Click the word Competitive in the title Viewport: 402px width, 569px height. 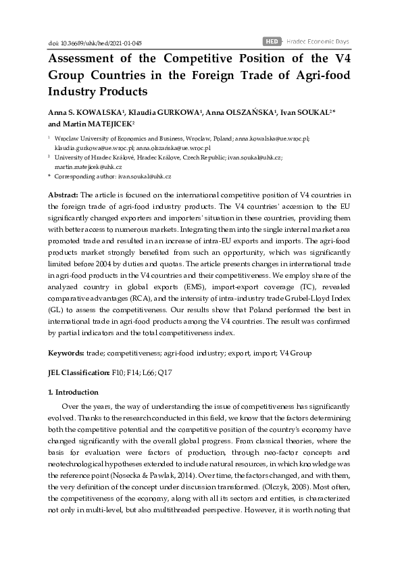(180, 59)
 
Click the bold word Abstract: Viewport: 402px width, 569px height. (63, 195)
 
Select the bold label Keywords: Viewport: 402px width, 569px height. (66, 353)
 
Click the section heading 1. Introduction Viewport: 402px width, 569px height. (74, 392)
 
